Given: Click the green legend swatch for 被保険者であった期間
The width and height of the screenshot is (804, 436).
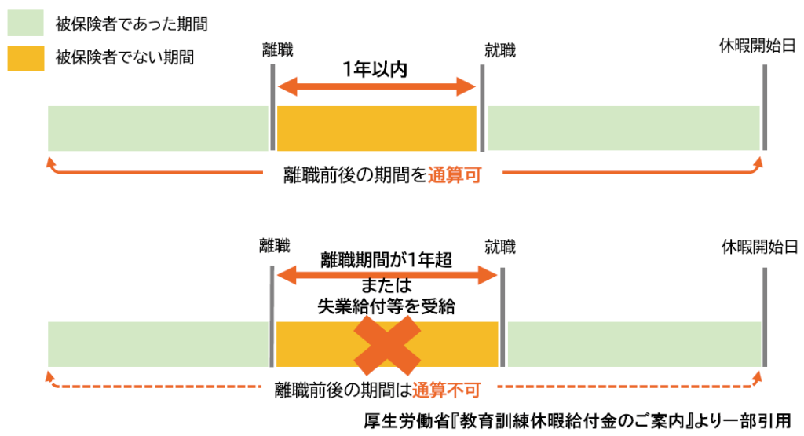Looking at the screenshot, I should pyautogui.click(x=26, y=25).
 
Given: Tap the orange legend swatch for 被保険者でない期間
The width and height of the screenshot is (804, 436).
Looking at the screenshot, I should pyautogui.click(x=26, y=58).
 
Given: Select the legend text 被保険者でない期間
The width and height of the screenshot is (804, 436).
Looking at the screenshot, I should pyautogui.click(x=125, y=57).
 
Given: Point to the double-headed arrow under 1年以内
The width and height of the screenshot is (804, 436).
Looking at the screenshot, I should pyautogui.click(x=377, y=86).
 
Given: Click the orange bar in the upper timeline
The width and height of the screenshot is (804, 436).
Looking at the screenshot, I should pyautogui.click(x=377, y=127).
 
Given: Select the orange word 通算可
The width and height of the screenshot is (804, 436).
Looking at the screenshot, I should pyautogui.click(x=454, y=176).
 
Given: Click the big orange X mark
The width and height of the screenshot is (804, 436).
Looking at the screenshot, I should pyautogui.click(x=387, y=344).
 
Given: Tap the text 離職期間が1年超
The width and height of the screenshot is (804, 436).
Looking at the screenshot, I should pyautogui.click(x=386, y=259).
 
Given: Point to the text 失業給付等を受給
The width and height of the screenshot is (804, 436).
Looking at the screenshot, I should pyautogui.click(x=386, y=306).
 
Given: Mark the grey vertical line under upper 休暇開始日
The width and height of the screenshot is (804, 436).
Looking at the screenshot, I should pyautogui.click(x=764, y=108).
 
